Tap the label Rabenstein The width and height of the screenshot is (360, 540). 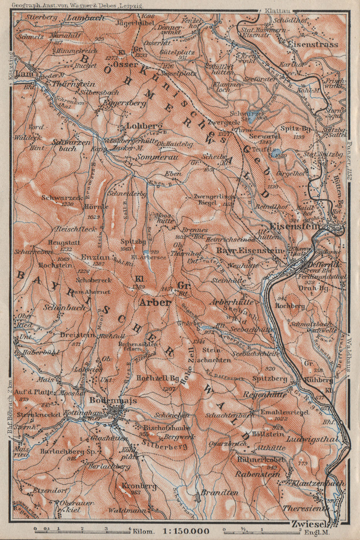click(x=257, y=474)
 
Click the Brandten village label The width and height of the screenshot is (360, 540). click(x=215, y=492)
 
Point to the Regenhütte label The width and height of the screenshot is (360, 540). click(x=265, y=395)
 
